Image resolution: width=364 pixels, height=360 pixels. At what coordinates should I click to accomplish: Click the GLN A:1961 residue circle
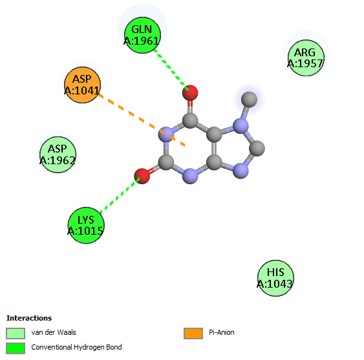(x=142, y=35)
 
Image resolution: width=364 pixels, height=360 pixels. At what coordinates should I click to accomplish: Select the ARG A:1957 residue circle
(x=306, y=58)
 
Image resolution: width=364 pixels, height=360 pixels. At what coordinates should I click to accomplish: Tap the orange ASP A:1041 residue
(x=82, y=85)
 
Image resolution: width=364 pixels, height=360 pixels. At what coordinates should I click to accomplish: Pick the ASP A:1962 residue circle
(x=58, y=154)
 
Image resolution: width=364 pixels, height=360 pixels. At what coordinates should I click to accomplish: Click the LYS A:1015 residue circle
(x=86, y=226)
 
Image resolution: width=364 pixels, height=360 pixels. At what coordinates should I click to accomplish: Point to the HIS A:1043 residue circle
(x=275, y=278)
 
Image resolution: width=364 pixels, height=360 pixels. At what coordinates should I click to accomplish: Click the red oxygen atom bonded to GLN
(x=190, y=93)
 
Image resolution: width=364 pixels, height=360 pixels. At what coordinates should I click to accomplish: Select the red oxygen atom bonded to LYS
(x=142, y=176)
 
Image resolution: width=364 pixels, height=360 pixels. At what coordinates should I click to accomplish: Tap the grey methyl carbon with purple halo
(x=249, y=100)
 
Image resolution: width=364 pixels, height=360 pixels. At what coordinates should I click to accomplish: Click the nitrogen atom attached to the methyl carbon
(x=241, y=126)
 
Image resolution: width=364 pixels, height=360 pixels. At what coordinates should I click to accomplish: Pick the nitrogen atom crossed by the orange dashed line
(x=166, y=134)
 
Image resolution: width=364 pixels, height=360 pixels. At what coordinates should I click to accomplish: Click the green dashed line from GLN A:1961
(x=171, y=69)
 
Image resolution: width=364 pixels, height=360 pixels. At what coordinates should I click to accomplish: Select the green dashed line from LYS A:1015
(x=120, y=195)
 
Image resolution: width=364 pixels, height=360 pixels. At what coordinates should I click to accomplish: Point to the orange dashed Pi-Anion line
(x=142, y=120)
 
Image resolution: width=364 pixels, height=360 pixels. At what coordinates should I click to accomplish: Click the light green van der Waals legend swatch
(x=16, y=334)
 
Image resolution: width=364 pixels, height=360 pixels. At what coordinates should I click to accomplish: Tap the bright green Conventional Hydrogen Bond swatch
(x=16, y=348)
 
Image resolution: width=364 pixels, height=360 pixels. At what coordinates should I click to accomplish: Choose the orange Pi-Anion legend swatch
(x=193, y=334)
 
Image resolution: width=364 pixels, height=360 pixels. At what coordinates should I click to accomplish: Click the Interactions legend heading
(x=29, y=318)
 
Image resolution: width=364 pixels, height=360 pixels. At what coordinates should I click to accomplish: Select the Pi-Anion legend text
(x=222, y=332)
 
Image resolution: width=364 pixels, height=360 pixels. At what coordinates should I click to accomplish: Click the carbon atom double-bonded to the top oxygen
(x=190, y=120)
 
